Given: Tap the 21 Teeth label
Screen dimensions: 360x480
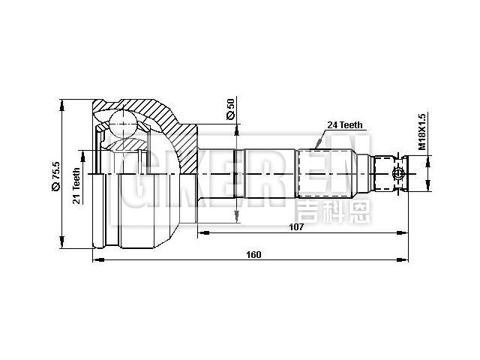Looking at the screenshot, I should (x=76, y=185).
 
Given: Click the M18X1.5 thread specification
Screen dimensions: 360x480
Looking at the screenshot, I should (x=422, y=132).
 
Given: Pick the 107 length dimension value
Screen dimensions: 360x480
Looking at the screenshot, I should (x=295, y=226).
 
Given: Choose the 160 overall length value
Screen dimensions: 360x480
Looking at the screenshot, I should (x=253, y=254).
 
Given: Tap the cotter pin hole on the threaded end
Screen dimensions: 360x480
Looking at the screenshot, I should (x=397, y=174).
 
